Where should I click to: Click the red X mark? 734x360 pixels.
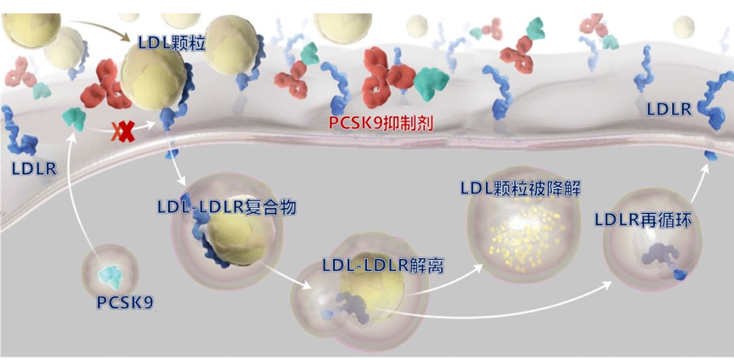(126, 132)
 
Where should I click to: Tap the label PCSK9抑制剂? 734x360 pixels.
(381, 123)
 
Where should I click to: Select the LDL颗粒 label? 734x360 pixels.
(172, 43)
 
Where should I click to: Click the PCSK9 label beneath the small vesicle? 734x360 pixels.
(125, 302)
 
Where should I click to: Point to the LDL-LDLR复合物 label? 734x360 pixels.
(226, 206)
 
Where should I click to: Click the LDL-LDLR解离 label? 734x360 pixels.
(383, 266)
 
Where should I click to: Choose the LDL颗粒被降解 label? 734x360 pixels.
(521, 189)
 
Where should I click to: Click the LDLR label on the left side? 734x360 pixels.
(34, 168)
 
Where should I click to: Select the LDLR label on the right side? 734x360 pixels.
(669, 109)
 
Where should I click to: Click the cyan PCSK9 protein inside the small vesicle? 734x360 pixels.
(111, 276)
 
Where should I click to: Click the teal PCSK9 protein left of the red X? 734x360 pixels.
(75, 118)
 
